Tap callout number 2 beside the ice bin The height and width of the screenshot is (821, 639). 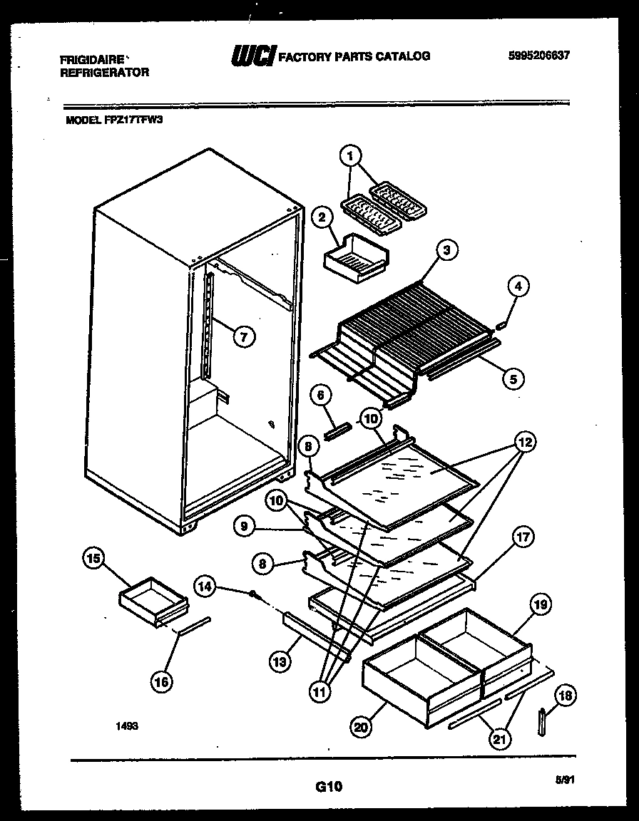click(322, 217)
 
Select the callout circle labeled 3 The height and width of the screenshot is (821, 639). click(446, 249)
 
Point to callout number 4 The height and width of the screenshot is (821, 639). click(518, 286)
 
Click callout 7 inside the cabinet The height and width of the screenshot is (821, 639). click(243, 336)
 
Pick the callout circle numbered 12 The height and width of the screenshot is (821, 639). click(524, 443)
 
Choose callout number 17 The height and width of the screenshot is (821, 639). click(523, 538)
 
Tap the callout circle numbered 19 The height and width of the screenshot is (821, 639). click(540, 605)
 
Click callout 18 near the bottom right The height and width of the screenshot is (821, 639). click(566, 695)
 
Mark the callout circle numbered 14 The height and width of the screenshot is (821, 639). click(204, 586)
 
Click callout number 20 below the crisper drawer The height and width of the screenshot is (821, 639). click(362, 726)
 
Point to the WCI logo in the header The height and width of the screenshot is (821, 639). click(252, 56)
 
